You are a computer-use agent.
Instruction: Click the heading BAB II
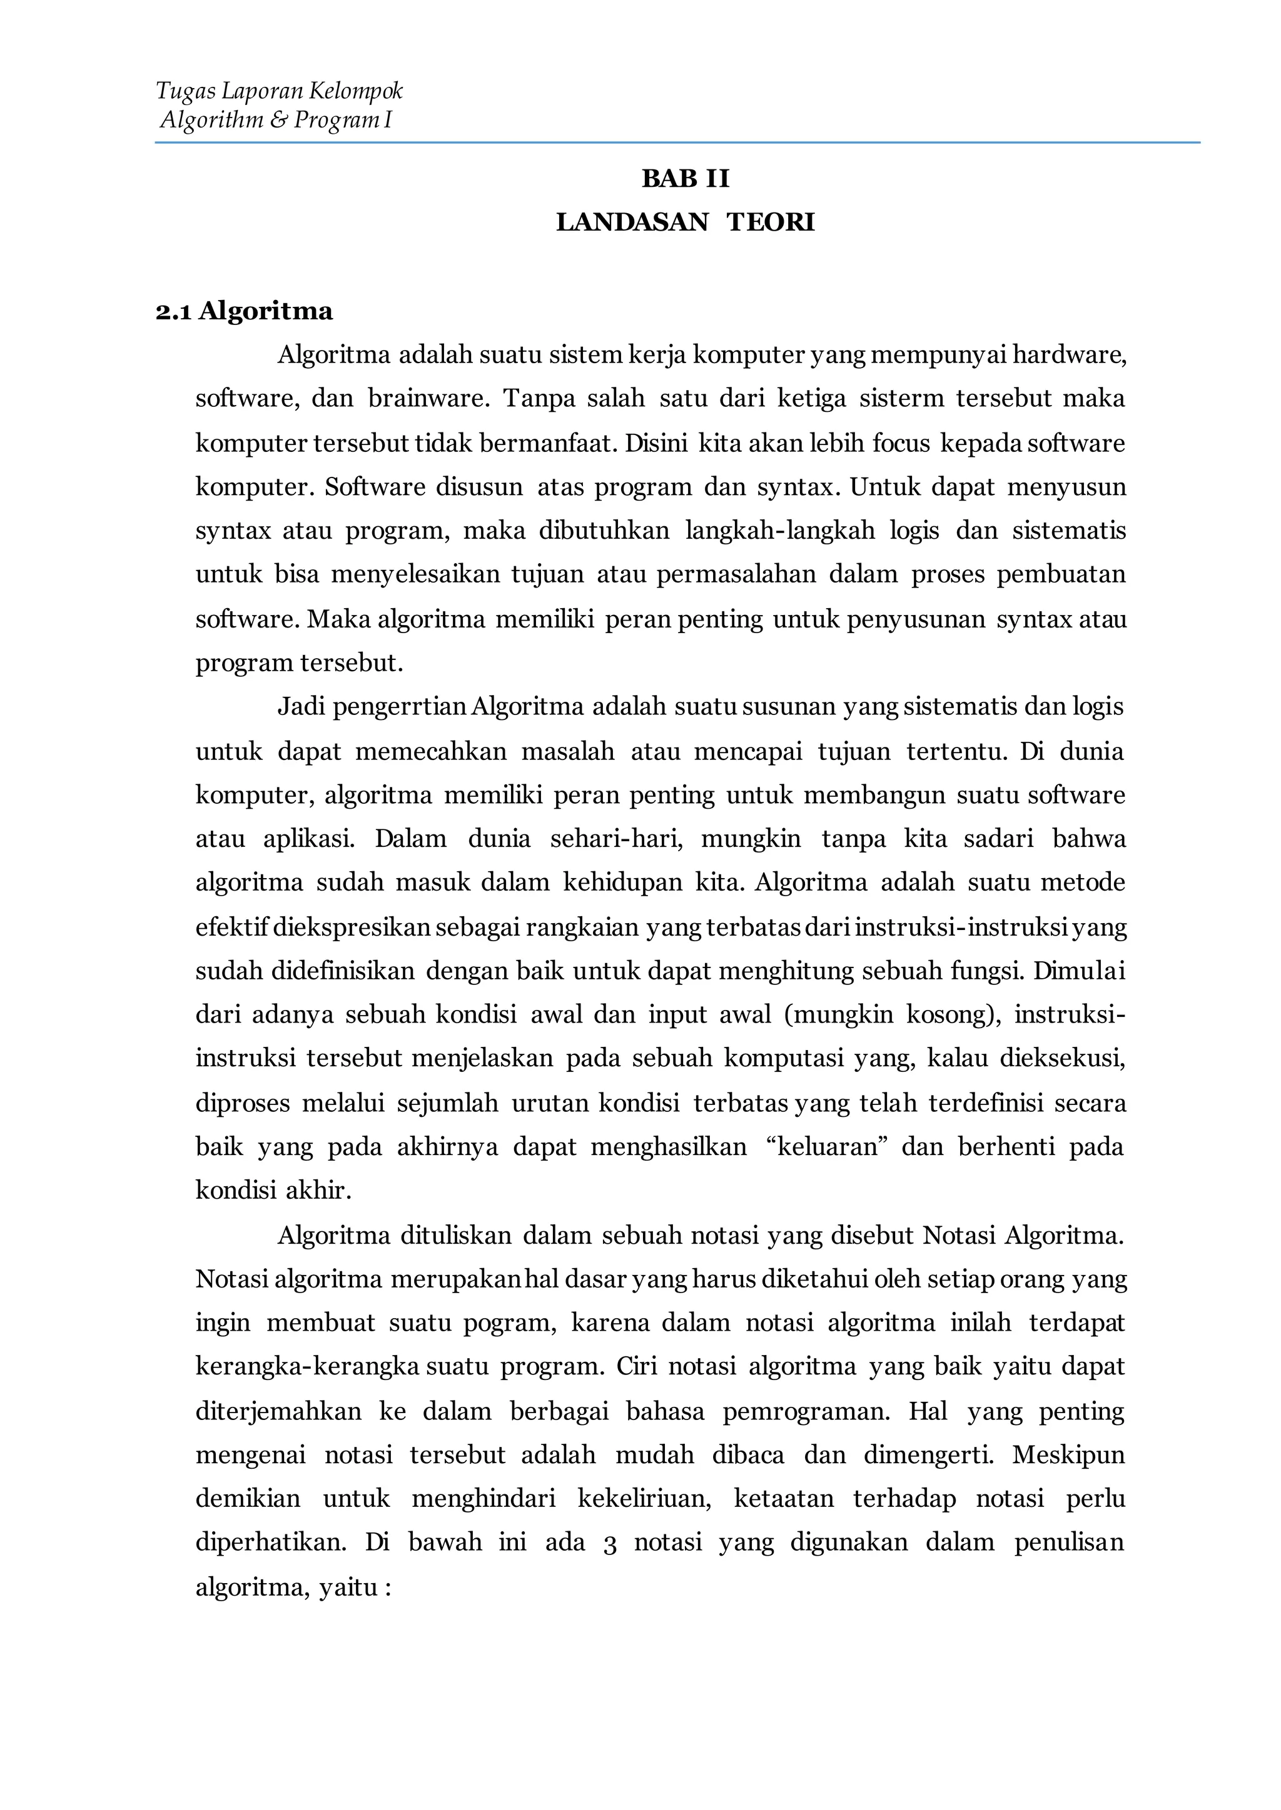tap(686, 179)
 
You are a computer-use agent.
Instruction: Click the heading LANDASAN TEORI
tap(685, 222)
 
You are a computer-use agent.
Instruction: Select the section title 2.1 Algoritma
tap(244, 311)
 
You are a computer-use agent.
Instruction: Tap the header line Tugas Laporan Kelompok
tap(279, 91)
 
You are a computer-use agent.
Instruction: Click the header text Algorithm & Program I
tap(276, 121)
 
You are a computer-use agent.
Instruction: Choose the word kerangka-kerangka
tap(307, 1366)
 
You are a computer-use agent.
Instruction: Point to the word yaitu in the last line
tap(348, 1586)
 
